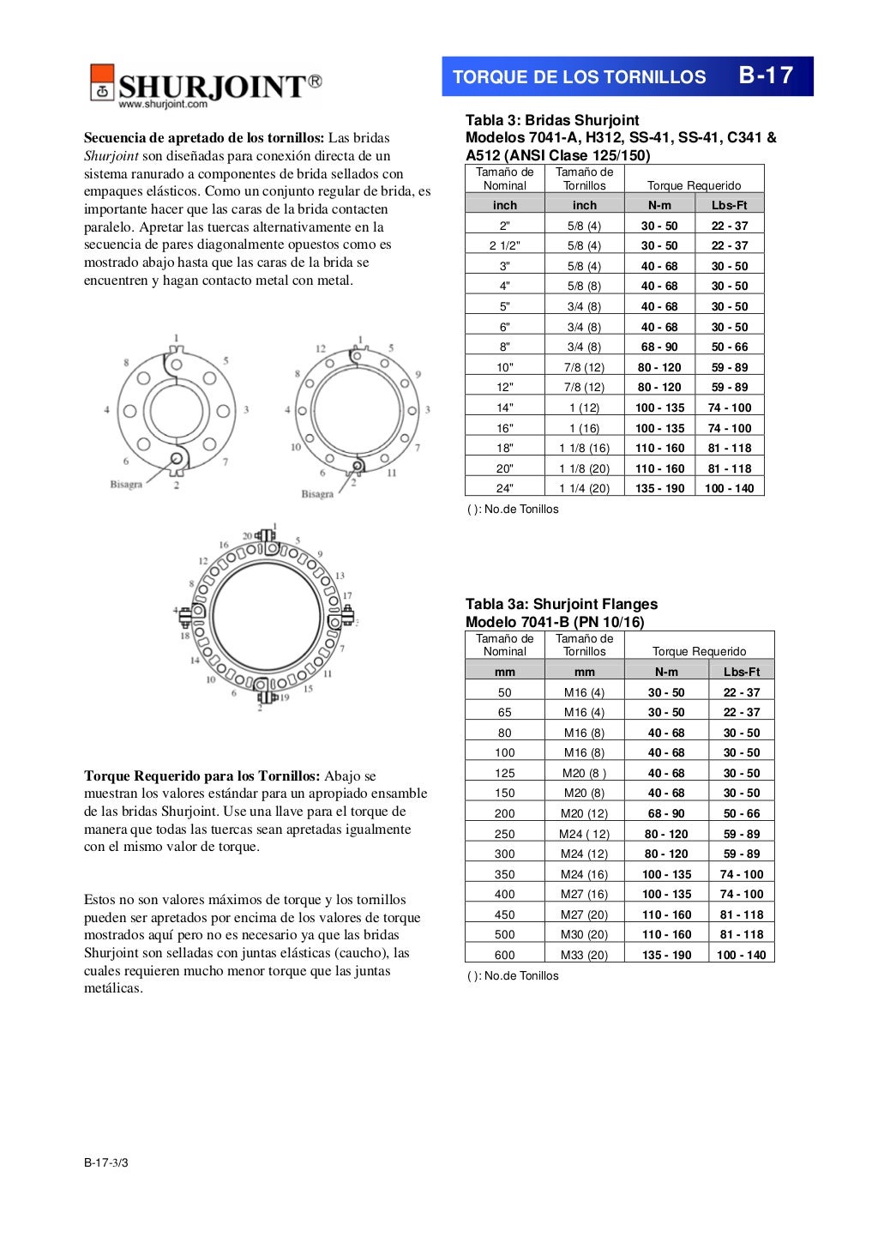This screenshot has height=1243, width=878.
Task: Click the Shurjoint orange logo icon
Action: click(x=102, y=82)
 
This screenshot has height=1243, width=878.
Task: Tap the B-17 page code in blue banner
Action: click(x=766, y=75)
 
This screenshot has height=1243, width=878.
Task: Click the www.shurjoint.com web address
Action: click(x=163, y=105)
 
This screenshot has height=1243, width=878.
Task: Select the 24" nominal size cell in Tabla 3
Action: click(x=505, y=488)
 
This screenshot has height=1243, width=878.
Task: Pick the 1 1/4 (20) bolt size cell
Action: click(x=584, y=488)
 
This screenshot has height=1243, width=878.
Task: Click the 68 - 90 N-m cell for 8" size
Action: click(x=659, y=347)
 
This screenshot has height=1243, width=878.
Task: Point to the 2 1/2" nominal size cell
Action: click(x=505, y=245)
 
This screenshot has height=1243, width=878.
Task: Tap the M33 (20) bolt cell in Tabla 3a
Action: click(x=584, y=955)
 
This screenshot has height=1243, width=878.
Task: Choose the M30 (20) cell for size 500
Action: click(x=584, y=934)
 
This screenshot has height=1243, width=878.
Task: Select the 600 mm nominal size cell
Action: click(x=505, y=955)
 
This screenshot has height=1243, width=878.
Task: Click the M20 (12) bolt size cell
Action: click(x=584, y=813)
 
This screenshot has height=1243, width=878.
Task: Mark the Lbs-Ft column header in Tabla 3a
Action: click(x=742, y=672)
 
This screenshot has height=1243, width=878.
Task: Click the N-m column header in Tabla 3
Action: click(x=659, y=205)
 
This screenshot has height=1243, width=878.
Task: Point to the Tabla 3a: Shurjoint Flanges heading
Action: click(x=562, y=604)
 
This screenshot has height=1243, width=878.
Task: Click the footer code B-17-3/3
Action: click(x=106, y=1162)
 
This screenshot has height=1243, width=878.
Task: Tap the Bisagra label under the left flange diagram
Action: click(x=126, y=485)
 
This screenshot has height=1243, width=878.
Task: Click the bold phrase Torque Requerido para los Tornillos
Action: click(x=201, y=775)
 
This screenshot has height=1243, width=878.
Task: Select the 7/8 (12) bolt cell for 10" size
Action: click(x=584, y=367)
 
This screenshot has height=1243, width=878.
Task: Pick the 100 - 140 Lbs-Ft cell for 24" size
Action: click(x=730, y=488)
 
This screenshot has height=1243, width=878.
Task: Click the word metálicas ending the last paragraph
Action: click(x=113, y=988)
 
